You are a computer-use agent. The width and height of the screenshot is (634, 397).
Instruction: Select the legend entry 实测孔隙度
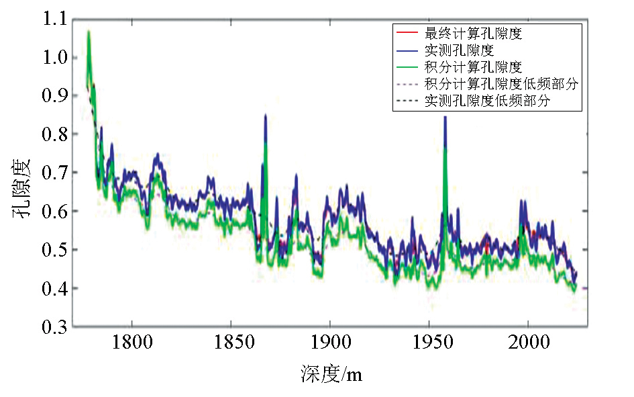point(454,50)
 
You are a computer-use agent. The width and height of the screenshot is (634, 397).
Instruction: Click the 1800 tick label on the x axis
point(131,343)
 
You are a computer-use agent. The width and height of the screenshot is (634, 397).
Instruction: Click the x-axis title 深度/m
point(331,374)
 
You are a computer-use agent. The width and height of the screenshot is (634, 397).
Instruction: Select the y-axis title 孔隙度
point(20,191)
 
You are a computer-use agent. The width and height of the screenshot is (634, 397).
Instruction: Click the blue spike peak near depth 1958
point(445,117)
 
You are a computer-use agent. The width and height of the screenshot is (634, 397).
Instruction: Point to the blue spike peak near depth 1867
point(266,116)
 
